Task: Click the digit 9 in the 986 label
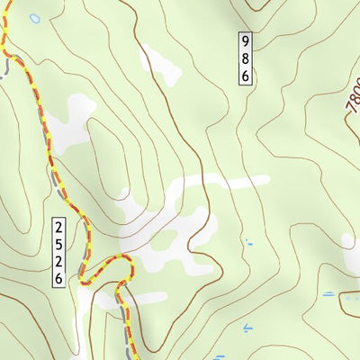pos(244,41)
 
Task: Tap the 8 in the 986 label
pos(244,58)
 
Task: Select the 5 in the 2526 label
pos(58,243)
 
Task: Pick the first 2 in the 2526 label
pos(58,226)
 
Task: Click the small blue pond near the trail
pos(34,18)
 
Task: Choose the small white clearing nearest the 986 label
pos(160,64)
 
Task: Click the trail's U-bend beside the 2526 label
pos(87,270)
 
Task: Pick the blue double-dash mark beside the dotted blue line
pos(328,294)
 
